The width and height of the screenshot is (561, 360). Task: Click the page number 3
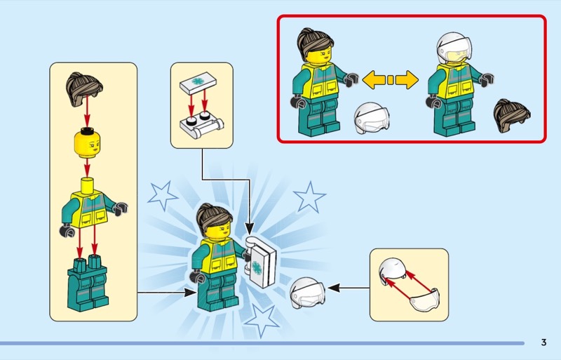pyautogui.click(x=543, y=342)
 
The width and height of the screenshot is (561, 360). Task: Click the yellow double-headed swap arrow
pyautogui.click(x=390, y=79)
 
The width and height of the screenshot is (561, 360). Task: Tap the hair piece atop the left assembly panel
pyautogui.click(x=84, y=89)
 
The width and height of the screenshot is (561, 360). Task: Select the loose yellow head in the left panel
pyautogui.click(x=87, y=143)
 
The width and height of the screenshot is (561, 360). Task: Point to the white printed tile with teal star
pyautogui.click(x=198, y=83)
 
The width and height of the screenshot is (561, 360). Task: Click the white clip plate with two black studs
pyautogui.click(x=201, y=125)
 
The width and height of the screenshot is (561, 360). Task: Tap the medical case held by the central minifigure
pyautogui.click(x=260, y=262)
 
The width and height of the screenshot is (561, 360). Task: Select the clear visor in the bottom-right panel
pyautogui.click(x=425, y=300)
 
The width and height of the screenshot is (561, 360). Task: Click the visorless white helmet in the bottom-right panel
pyautogui.click(x=393, y=270)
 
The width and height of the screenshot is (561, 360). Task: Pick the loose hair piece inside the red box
pyautogui.click(x=512, y=116)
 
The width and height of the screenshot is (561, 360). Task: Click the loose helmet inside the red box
pyautogui.click(x=372, y=118)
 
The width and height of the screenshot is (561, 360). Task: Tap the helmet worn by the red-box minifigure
pyautogui.click(x=453, y=48)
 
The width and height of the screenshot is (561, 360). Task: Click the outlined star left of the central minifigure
pyautogui.click(x=163, y=195)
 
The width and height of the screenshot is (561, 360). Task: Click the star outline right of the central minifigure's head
pyautogui.click(x=309, y=196)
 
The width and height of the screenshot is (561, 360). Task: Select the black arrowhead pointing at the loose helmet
pyautogui.click(x=334, y=288)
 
